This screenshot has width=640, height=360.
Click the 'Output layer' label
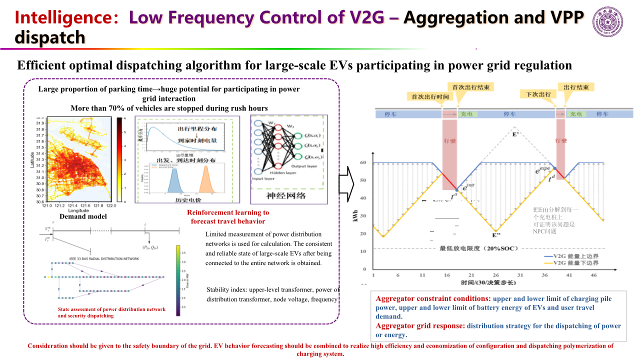[304, 166]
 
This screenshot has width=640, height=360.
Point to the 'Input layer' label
[264, 178]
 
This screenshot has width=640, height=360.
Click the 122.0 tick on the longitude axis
[110, 205]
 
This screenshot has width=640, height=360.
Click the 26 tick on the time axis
[495, 275]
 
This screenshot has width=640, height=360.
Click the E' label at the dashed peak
[516, 134]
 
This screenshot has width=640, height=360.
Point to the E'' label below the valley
[496, 235]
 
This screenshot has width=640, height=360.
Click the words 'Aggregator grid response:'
[420, 325]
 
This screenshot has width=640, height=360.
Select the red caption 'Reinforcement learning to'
[228, 212]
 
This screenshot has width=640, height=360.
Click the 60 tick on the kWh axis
[363, 163]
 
